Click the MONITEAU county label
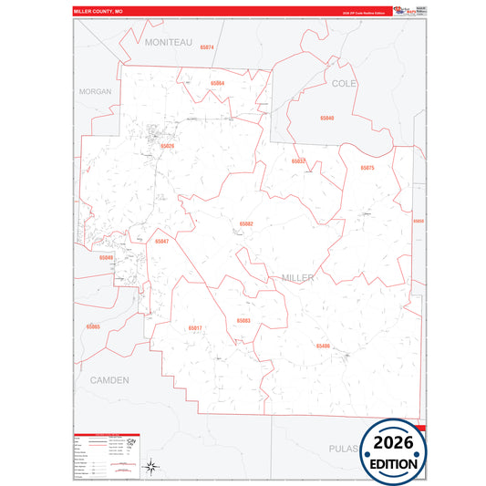pyautogui.click(x=168, y=42)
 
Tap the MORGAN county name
pyautogui.click(x=95, y=92)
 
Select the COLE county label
pyautogui.click(x=345, y=83)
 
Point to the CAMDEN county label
pyautogui.click(x=109, y=378)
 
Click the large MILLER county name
pyautogui.click(x=298, y=277)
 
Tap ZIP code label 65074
pyautogui.click(x=206, y=47)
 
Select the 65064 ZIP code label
pyautogui.click(x=217, y=83)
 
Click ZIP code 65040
pyautogui.click(x=326, y=119)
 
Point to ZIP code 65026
pyautogui.click(x=167, y=146)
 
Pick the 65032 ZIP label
pyautogui.click(x=298, y=160)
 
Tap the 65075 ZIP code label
pyautogui.click(x=367, y=168)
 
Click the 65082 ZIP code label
pyautogui.click(x=246, y=223)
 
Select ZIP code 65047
pyautogui.click(x=161, y=242)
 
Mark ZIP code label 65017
pyautogui.click(x=195, y=327)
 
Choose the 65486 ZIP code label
pyautogui.click(x=323, y=346)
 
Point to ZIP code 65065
pyautogui.click(x=93, y=326)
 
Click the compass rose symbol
pyautogui.click(x=152, y=468)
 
